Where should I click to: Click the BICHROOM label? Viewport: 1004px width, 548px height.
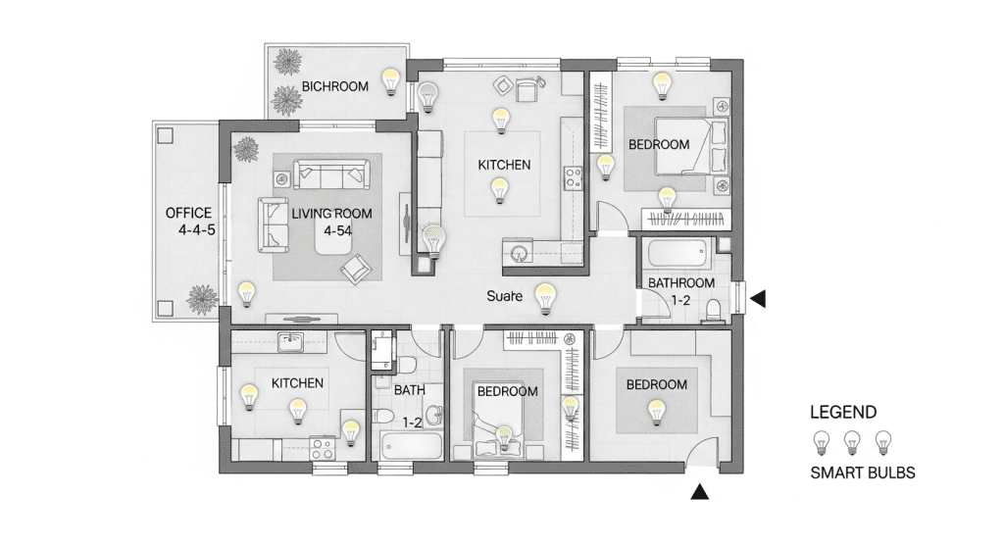click(x=335, y=86)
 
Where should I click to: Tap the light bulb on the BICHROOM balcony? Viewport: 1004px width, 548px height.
click(x=390, y=82)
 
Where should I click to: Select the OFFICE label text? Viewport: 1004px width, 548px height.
click(x=188, y=213)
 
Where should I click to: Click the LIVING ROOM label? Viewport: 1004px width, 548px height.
click(x=331, y=214)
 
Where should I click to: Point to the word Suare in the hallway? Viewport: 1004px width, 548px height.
click(x=505, y=296)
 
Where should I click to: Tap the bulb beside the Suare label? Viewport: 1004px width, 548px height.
click(x=545, y=299)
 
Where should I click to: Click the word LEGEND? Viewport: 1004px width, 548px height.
click(x=843, y=413)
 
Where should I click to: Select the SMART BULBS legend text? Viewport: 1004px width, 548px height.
click(x=863, y=473)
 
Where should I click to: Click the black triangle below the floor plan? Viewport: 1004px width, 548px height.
click(x=700, y=491)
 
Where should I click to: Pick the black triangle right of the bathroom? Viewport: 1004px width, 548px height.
click(x=758, y=298)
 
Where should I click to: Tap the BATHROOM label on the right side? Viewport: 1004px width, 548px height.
click(x=681, y=283)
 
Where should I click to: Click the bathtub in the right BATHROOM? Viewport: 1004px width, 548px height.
click(x=677, y=254)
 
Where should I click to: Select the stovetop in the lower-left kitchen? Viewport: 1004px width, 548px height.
click(x=322, y=447)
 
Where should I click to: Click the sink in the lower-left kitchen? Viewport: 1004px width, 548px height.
click(x=290, y=342)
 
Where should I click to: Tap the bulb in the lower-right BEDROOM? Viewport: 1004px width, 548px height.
click(x=656, y=413)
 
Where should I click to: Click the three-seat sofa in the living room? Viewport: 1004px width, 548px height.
click(x=331, y=174)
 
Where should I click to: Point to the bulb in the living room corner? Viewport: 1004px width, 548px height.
click(x=246, y=294)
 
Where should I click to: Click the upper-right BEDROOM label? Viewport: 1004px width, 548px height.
click(x=659, y=145)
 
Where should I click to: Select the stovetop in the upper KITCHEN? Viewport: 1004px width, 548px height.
click(x=573, y=178)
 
